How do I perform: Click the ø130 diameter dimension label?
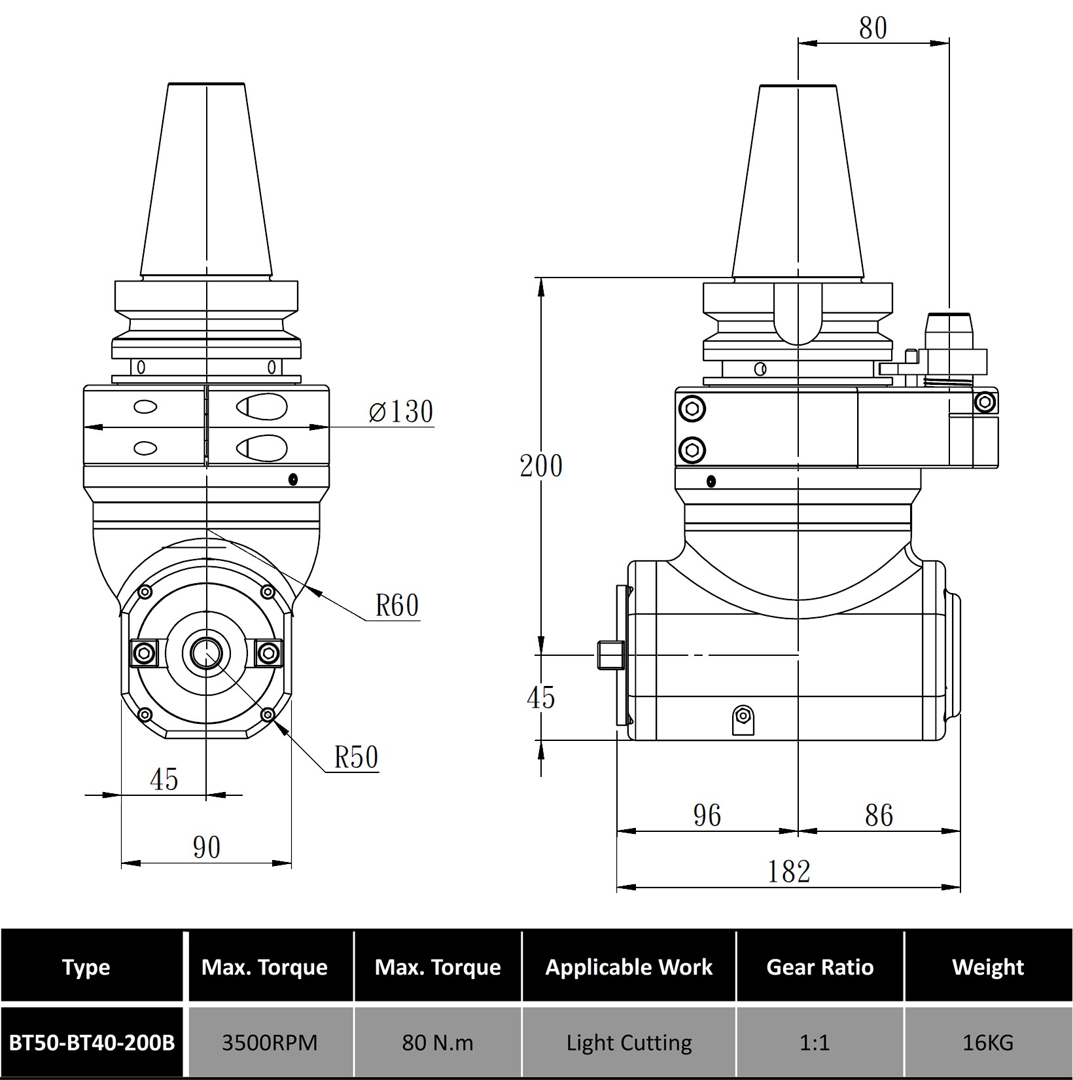coord(401,412)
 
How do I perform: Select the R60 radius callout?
coord(396,605)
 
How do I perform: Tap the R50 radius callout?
coord(356,757)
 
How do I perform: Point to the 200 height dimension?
coord(541,466)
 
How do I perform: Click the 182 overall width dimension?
coord(788,871)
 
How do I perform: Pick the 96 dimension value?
coord(707,816)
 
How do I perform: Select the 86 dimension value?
coord(879,816)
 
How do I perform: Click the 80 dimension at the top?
coord(873,28)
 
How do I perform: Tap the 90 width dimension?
coord(207,848)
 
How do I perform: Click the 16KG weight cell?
coord(988,1042)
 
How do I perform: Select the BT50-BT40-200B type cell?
coord(92,1042)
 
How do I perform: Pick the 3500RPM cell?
coord(270,1042)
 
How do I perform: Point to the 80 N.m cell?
coord(438,1042)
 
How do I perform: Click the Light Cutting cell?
coord(629,1042)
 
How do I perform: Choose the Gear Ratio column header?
coord(820,967)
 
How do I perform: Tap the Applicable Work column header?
coord(629,967)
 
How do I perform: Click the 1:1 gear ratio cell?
coord(820,1042)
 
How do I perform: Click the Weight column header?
coord(988,967)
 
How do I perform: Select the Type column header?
coord(86,967)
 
